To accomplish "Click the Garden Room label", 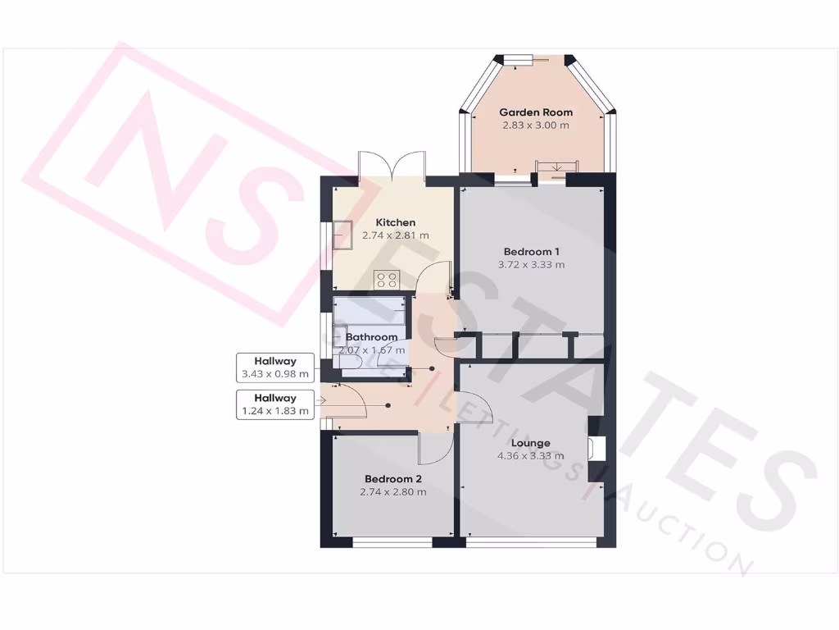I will click(x=536, y=112).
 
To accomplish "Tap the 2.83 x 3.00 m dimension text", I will click(x=536, y=126).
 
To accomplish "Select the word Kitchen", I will click(x=396, y=222).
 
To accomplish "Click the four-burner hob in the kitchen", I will click(x=386, y=279).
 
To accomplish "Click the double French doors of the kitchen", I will click(x=392, y=167).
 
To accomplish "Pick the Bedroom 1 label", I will click(x=531, y=251).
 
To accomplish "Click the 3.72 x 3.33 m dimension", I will click(x=531, y=264).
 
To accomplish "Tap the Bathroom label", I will click(x=372, y=337).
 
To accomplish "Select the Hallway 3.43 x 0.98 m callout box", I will click(x=275, y=367).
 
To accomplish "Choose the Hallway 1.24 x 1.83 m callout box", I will click(x=275, y=405).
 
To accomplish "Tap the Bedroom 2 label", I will click(x=393, y=479).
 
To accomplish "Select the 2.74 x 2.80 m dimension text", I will click(x=393, y=492).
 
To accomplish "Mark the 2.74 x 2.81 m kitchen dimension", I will click(x=396, y=235).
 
